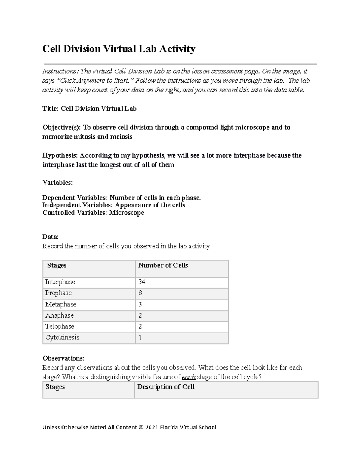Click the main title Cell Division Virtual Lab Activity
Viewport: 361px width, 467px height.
point(119,49)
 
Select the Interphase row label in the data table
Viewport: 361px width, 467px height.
point(60,282)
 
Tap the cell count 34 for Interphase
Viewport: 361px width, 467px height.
point(142,282)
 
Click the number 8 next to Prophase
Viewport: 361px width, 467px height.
point(140,293)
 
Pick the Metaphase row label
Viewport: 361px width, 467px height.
point(61,305)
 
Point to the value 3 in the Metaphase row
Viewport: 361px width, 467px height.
point(140,305)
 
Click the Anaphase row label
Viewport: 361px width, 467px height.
point(60,315)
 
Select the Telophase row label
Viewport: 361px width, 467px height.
point(60,327)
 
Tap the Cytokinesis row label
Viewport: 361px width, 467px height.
point(62,338)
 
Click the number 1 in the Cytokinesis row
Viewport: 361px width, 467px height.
point(140,338)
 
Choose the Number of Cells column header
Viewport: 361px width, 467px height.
point(163,266)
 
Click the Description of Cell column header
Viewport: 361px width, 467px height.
point(166,387)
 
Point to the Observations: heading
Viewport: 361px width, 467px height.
point(63,358)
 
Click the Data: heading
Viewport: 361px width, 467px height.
point(51,237)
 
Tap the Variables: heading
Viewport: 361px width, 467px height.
point(57,183)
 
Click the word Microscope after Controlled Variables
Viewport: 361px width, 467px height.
point(126,213)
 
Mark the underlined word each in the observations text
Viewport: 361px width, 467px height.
point(189,377)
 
